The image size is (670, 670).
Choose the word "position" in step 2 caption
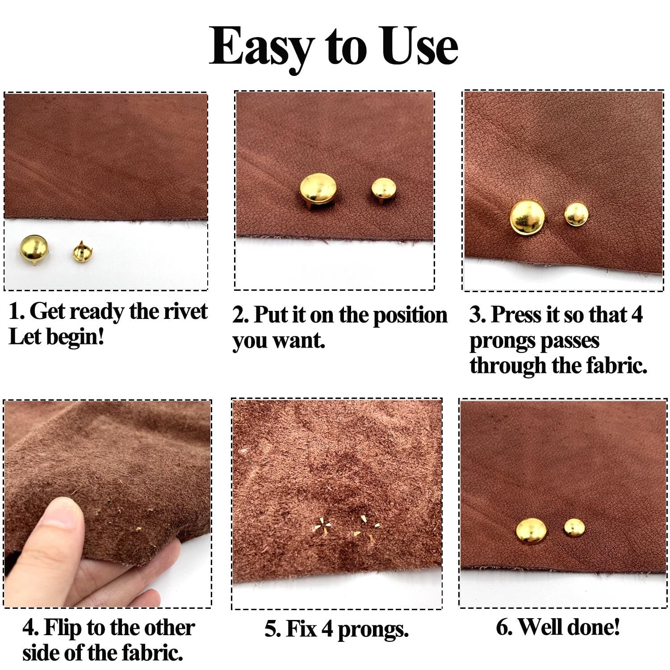point(410,315)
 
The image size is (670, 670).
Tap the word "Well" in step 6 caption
point(540,627)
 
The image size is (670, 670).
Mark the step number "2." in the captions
point(240,316)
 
